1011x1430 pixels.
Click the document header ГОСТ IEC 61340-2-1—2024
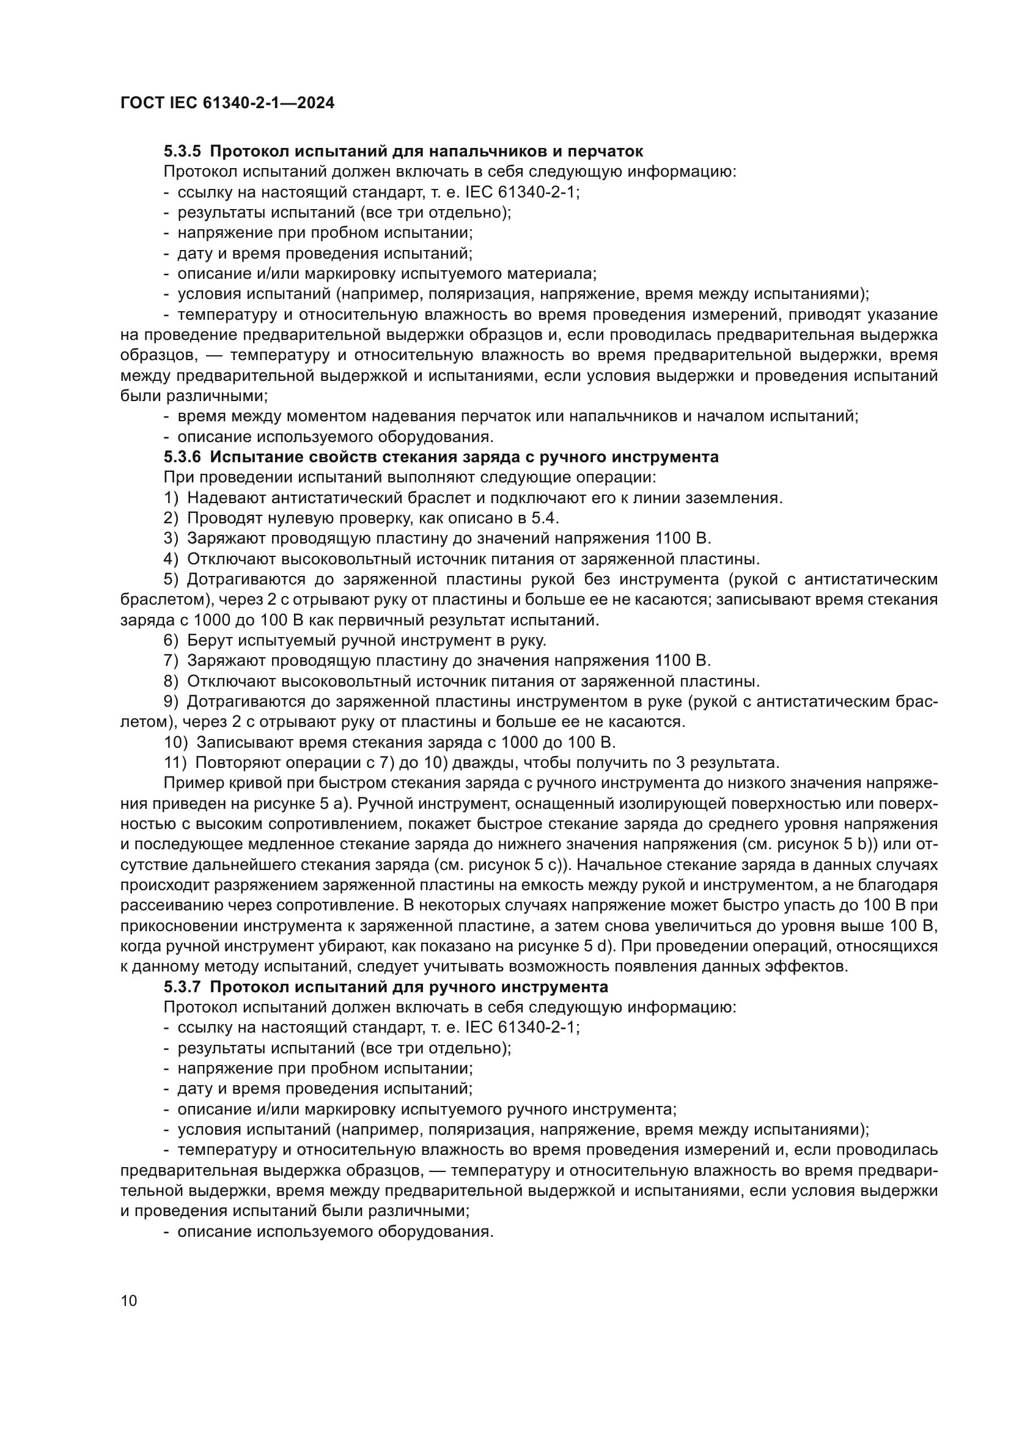tap(227, 103)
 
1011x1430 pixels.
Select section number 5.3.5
tap(182, 152)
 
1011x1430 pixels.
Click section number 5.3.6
tap(182, 457)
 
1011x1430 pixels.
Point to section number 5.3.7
tap(182, 987)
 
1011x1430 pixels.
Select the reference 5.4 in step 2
tap(548, 518)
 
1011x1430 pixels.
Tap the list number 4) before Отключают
tap(171, 559)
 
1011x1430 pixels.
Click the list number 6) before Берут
tap(171, 640)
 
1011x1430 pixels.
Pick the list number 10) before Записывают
tap(175, 742)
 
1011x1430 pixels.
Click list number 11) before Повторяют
tap(175, 762)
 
